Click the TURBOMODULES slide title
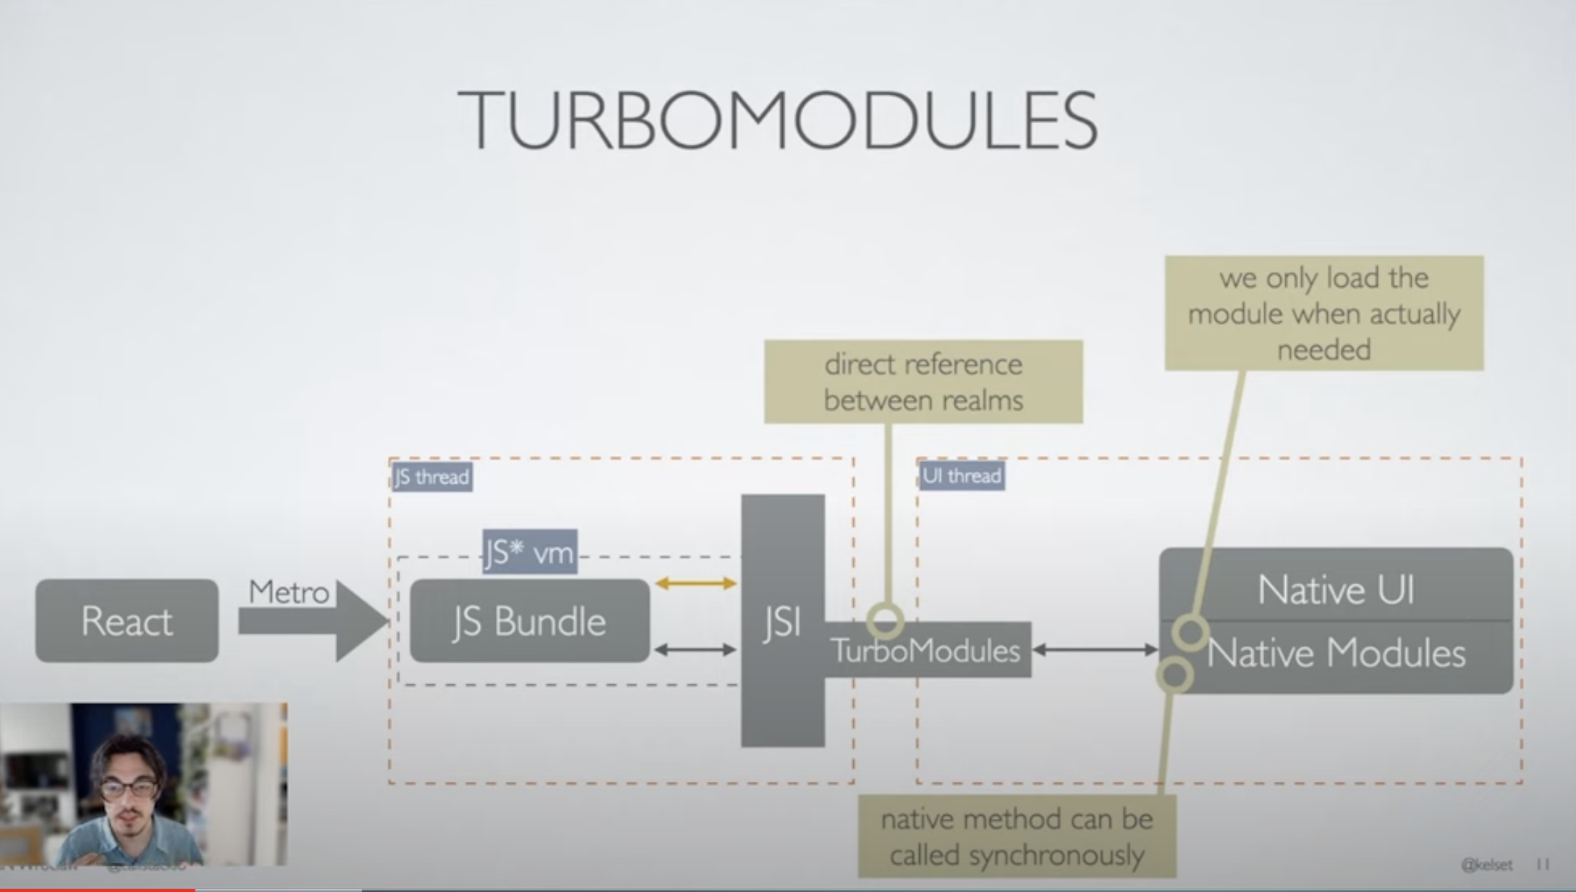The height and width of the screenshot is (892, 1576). click(x=778, y=120)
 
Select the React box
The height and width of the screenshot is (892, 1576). click(x=127, y=620)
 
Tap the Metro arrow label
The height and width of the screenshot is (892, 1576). click(x=289, y=592)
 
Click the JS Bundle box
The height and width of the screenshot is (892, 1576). click(x=530, y=620)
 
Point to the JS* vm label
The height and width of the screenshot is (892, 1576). click(x=530, y=552)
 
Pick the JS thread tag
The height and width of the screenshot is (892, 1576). click(x=432, y=477)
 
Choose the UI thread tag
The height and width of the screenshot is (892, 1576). click(x=962, y=476)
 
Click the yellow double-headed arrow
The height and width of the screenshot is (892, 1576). click(x=695, y=583)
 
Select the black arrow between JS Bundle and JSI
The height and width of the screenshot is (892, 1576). click(x=695, y=649)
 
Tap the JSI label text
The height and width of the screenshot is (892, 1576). click(x=782, y=622)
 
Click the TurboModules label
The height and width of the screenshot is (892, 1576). click(x=925, y=650)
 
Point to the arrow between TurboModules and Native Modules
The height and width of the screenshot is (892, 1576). click(x=1095, y=649)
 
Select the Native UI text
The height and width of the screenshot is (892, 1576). click(x=1336, y=589)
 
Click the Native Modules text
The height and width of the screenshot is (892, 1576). click(x=1336, y=653)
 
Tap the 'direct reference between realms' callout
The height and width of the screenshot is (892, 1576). click(x=923, y=382)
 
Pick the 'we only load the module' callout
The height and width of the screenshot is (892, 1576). click(x=1323, y=313)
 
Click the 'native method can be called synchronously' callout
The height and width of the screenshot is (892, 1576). click(x=1017, y=836)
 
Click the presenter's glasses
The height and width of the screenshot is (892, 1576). click(x=129, y=788)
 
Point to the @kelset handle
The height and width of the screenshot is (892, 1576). click(x=1486, y=864)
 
